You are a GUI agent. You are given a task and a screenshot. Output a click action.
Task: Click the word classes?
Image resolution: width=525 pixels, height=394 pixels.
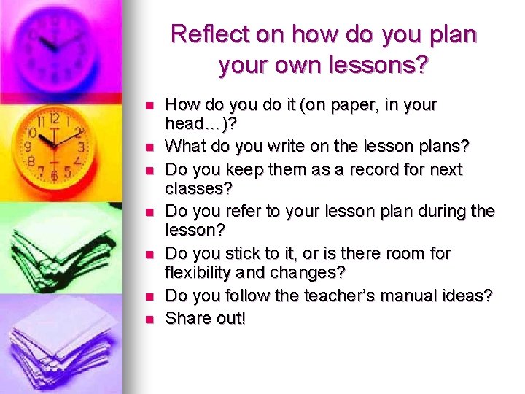point(198,189)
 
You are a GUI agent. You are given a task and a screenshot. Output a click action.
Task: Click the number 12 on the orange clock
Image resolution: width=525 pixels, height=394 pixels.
point(54,118)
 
